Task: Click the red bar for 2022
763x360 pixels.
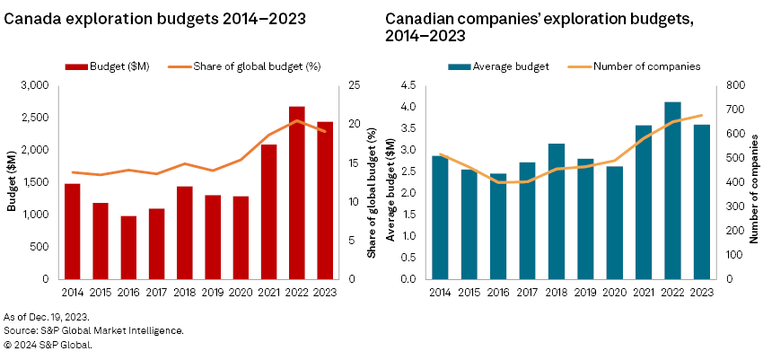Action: pyautogui.click(x=297, y=193)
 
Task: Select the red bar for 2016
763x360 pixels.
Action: pyautogui.click(x=128, y=248)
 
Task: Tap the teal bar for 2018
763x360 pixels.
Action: pyautogui.click(x=557, y=211)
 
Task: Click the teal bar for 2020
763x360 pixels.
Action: pyautogui.click(x=614, y=223)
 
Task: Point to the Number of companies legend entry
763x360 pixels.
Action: pyautogui.click(x=643, y=66)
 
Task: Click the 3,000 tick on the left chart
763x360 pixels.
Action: pyautogui.click(x=36, y=85)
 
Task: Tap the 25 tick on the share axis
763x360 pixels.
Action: pyautogui.click(x=350, y=85)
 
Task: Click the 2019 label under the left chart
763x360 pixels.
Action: pyautogui.click(x=213, y=292)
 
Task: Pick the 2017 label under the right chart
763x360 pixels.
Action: pyautogui.click(x=528, y=292)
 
